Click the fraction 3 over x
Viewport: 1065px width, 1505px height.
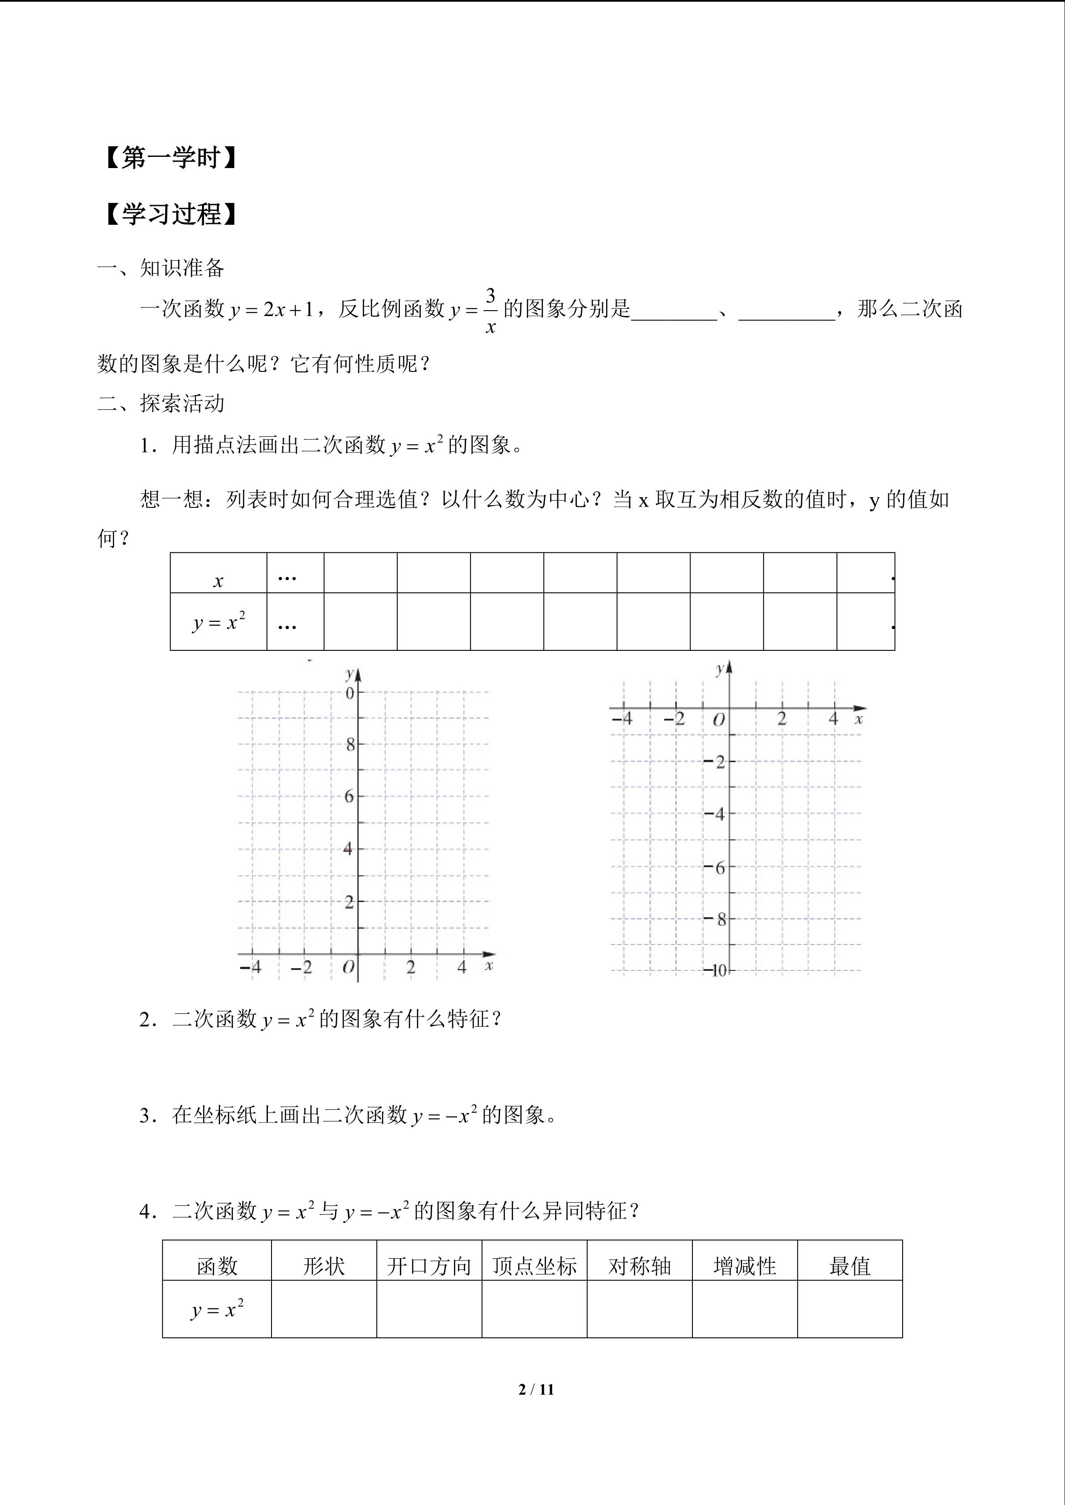490,310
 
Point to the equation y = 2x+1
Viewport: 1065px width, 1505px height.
272,309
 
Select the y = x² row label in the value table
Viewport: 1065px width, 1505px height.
218,621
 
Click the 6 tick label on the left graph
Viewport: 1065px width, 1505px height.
349,797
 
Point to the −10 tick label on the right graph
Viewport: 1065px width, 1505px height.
717,971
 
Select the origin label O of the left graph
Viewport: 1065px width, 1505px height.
349,967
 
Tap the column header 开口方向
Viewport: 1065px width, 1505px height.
429,1266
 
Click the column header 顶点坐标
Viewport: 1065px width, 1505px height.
535,1266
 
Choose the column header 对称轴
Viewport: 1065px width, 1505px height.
639,1266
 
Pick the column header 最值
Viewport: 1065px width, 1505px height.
850,1266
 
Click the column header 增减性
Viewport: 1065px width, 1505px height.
745,1266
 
